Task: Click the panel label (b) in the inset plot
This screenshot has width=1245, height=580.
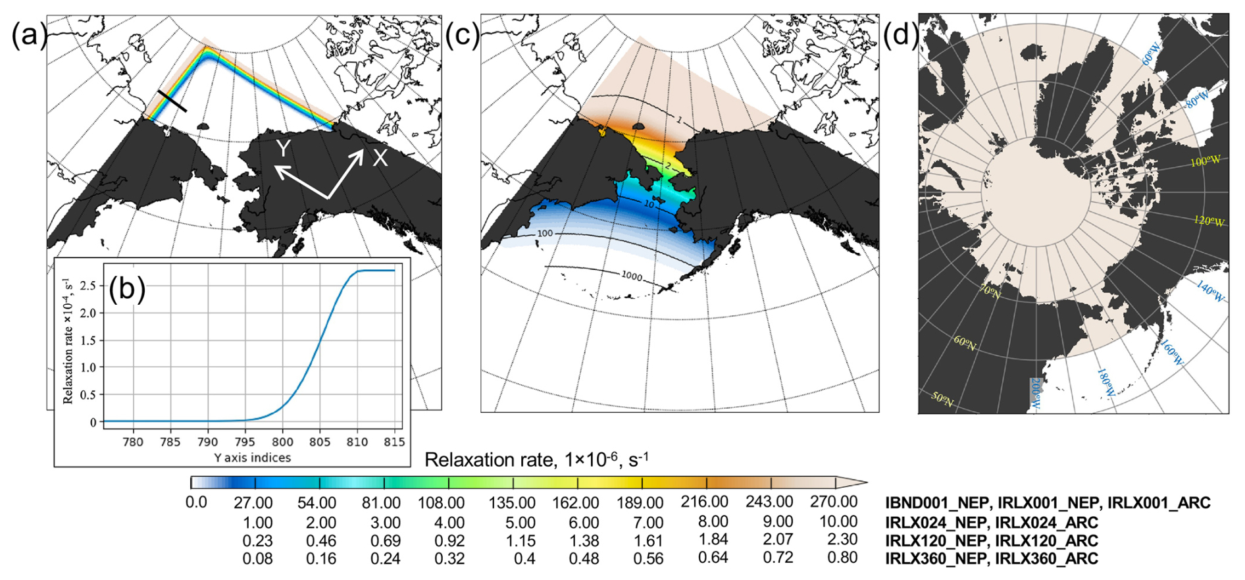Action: (127, 289)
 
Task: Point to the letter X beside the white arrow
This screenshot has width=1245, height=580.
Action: (380, 158)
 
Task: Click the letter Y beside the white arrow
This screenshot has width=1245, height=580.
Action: (283, 149)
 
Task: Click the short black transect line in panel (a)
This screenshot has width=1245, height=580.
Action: (172, 101)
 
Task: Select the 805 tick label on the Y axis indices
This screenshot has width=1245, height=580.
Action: (320, 442)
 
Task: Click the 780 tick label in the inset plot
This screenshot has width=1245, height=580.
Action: (133, 442)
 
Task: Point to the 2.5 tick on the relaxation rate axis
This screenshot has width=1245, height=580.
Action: (88, 286)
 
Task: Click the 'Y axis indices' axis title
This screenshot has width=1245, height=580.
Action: (252, 458)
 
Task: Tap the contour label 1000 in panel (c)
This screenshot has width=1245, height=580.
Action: (632, 276)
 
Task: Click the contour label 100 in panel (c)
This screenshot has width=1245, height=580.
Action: (545, 234)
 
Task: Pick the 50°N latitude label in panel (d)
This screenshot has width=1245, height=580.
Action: (942, 399)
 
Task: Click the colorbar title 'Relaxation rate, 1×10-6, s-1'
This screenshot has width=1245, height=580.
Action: (536, 460)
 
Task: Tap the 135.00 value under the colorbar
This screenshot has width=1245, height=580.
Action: (511, 504)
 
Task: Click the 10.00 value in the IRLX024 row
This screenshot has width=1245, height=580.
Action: (838, 522)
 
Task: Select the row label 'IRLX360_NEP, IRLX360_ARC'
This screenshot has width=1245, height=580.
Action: (992, 559)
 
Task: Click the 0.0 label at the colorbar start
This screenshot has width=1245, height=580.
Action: (196, 503)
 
